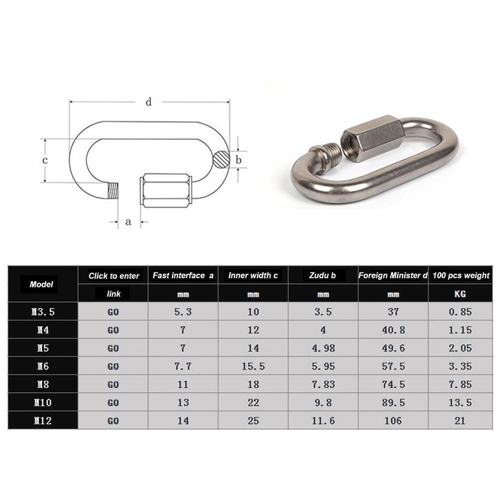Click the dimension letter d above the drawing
tap(148, 102)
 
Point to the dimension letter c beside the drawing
tap(45, 160)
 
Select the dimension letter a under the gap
tap(128, 221)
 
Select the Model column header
tap(42, 284)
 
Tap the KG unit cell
tap(461, 293)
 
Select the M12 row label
tap(42, 422)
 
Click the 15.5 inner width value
tap(252, 366)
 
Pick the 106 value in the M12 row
tap(392, 422)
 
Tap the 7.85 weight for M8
tap(461, 384)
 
